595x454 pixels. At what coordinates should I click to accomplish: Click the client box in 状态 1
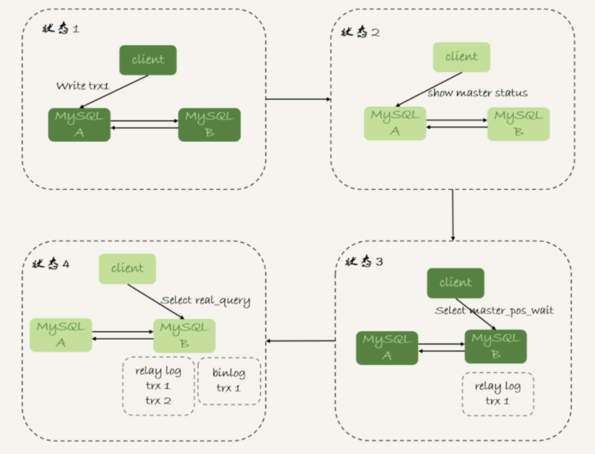click(147, 60)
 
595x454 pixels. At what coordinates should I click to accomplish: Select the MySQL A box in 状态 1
click(79, 124)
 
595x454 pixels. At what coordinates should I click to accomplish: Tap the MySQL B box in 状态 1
click(209, 124)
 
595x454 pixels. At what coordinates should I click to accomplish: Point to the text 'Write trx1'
click(82, 86)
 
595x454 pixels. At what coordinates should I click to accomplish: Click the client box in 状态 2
click(462, 57)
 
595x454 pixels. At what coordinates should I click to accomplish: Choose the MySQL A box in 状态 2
click(395, 123)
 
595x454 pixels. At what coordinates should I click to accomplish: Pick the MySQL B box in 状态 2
click(518, 123)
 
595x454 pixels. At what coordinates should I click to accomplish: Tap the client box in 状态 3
click(455, 283)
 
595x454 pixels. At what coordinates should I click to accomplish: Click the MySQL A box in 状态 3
click(387, 347)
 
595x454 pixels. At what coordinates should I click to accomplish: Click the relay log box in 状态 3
click(497, 394)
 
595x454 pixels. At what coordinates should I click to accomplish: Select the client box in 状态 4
click(127, 269)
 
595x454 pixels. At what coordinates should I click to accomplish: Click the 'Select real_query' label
click(206, 300)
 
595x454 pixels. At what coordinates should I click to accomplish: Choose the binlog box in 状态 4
click(230, 381)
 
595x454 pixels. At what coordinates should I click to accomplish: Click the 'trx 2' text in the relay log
click(159, 401)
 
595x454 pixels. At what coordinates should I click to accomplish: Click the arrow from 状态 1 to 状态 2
click(297, 99)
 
